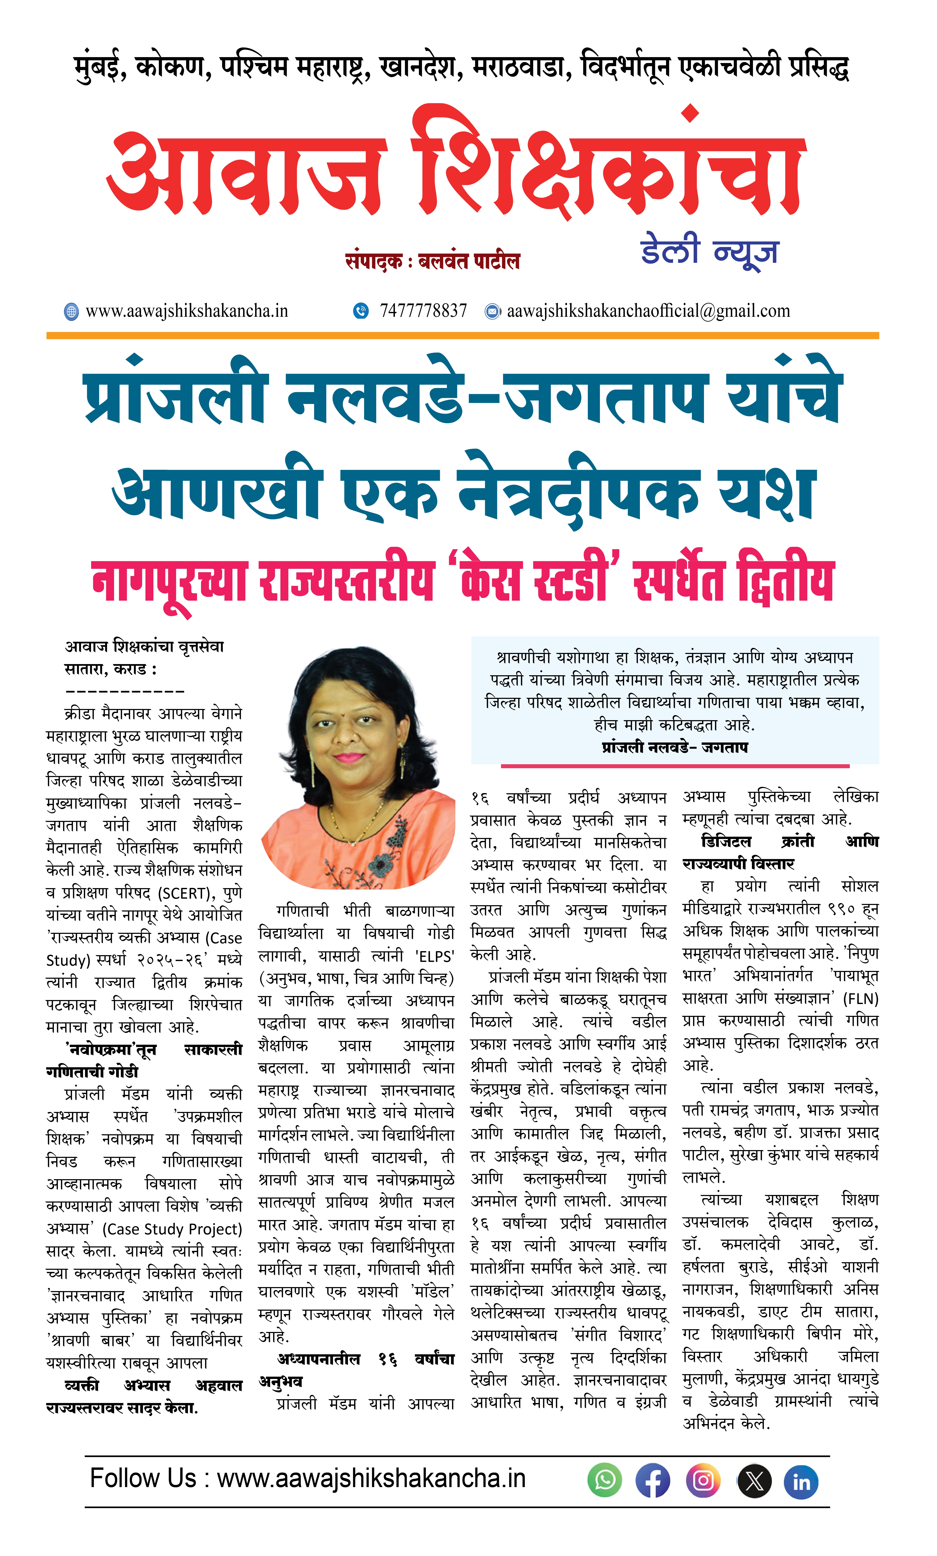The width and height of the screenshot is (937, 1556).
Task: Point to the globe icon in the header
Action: click(x=71, y=311)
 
